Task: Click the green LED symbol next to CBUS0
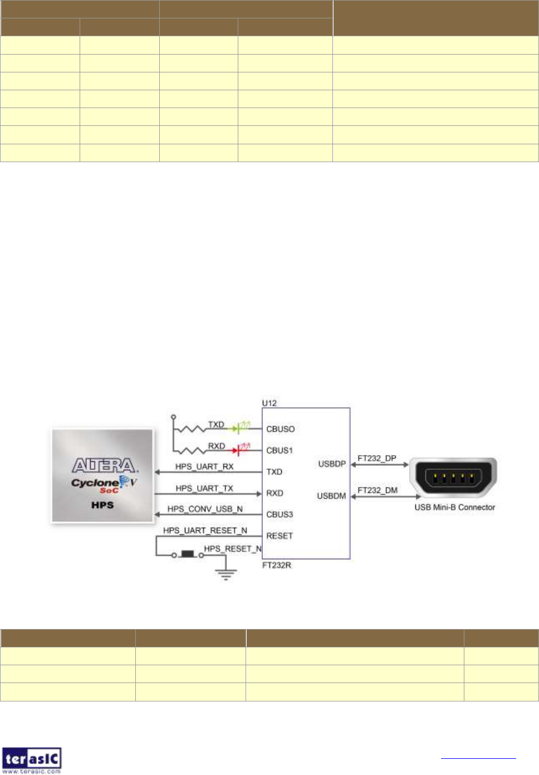pyautogui.click(x=243, y=428)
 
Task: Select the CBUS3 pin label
pyautogui.click(x=280, y=514)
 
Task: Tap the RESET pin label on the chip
pyautogui.click(x=280, y=536)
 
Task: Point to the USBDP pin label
pyautogui.click(x=332, y=464)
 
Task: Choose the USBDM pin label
pyautogui.click(x=331, y=496)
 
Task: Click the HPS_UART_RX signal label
pyautogui.click(x=204, y=466)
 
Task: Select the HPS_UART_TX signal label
pyautogui.click(x=204, y=488)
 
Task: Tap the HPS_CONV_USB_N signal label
pyautogui.click(x=205, y=509)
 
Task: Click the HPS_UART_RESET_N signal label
pyautogui.click(x=205, y=530)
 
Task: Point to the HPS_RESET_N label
pyautogui.click(x=233, y=549)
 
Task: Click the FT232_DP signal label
pyautogui.click(x=377, y=458)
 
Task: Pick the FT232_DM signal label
pyautogui.click(x=378, y=490)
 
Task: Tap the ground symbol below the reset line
pyautogui.click(x=226, y=574)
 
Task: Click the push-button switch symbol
pyautogui.click(x=188, y=554)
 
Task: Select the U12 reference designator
pyautogui.click(x=269, y=403)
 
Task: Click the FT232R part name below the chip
pyautogui.click(x=277, y=565)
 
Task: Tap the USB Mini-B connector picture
pyautogui.click(x=453, y=477)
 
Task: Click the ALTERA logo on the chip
pyautogui.click(x=104, y=465)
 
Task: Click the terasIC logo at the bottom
pyautogui.click(x=32, y=759)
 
